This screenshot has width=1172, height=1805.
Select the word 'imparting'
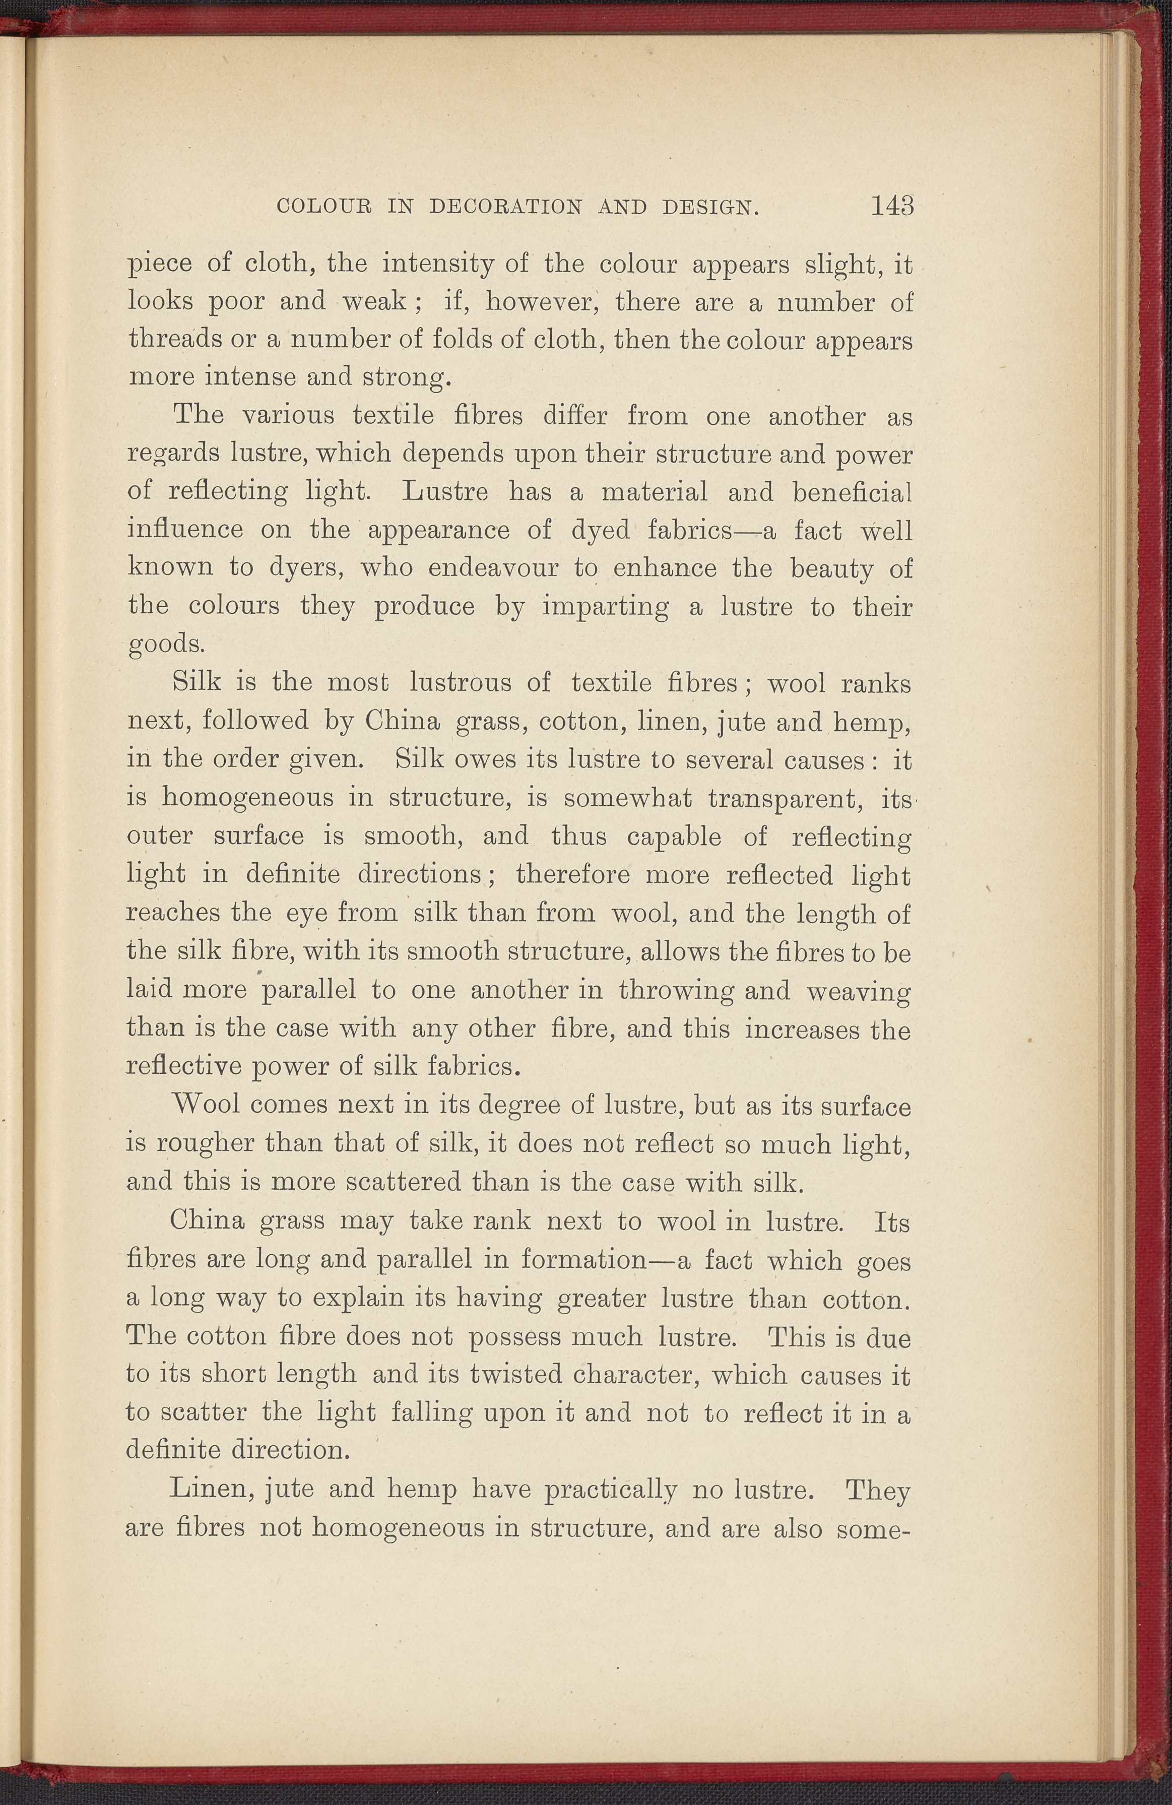point(605,607)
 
